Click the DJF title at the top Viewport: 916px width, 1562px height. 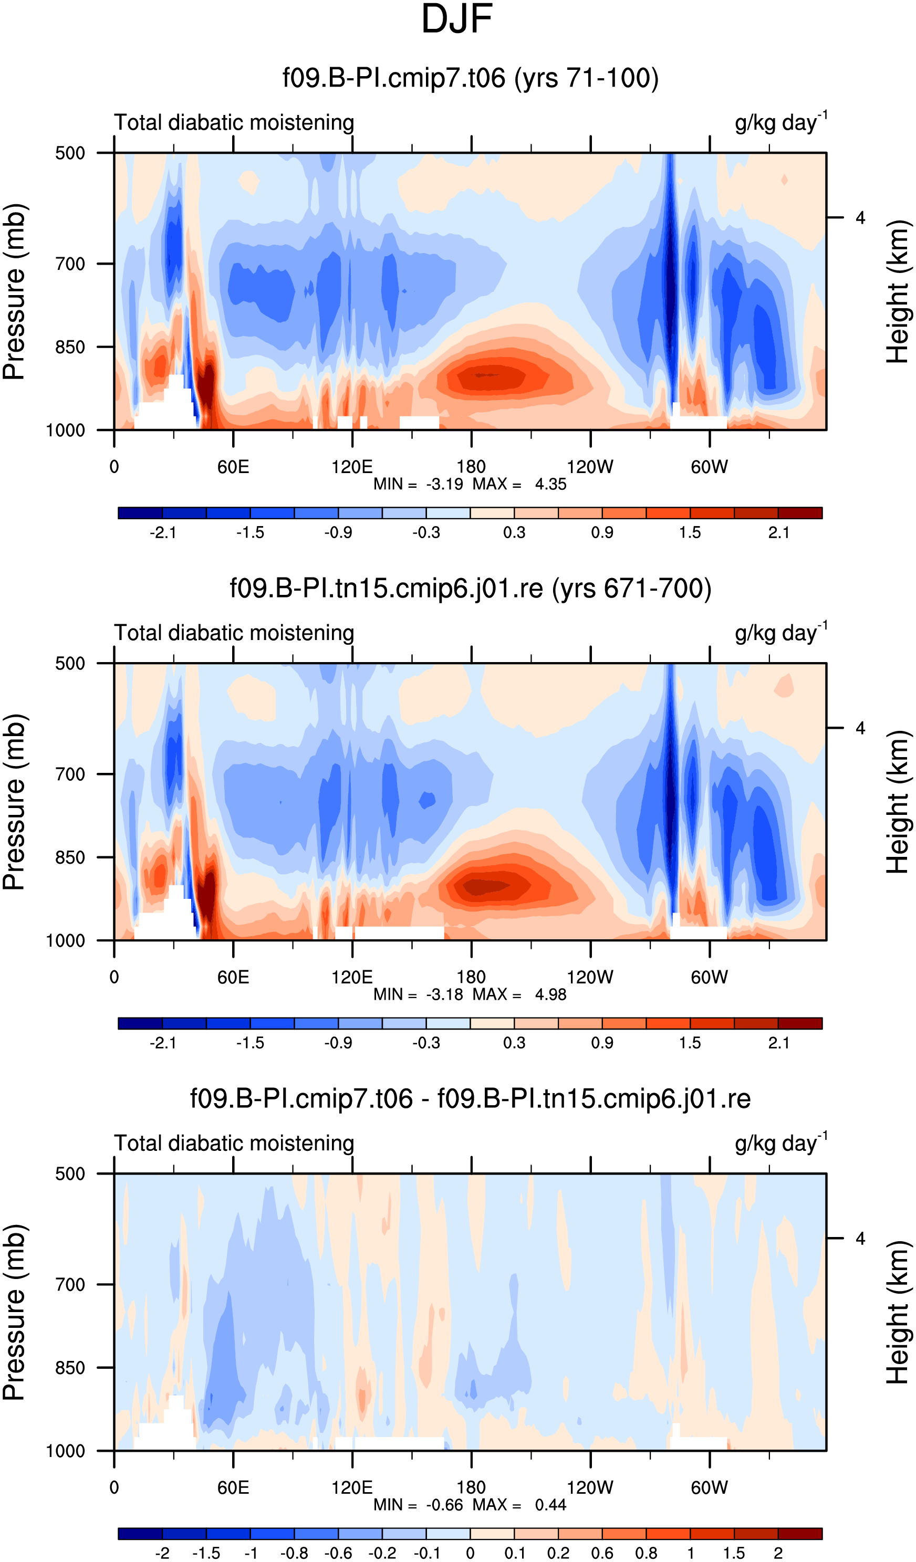click(x=456, y=19)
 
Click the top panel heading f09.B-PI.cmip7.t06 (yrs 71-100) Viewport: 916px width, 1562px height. click(x=471, y=79)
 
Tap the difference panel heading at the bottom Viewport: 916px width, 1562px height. click(x=470, y=1099)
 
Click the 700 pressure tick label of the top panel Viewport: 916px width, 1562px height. click(x=70, y=264)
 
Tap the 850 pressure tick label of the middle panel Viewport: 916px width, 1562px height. click(x=70, y=857)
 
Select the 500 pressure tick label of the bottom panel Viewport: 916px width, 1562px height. click(x=70, y=1173)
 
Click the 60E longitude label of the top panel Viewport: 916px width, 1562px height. click(x=233, y=467)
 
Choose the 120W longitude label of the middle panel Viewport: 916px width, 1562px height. click(x=590, y=977)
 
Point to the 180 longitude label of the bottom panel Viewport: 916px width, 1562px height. click(x=471, y=1487)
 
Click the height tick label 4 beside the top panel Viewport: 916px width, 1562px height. click(x=860, y=217)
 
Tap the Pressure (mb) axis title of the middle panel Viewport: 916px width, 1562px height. click(x=14, y=802)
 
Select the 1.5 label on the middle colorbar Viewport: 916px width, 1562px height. click(x=690, y=1043)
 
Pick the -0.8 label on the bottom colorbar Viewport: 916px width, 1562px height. click(x=294, y=1553)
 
